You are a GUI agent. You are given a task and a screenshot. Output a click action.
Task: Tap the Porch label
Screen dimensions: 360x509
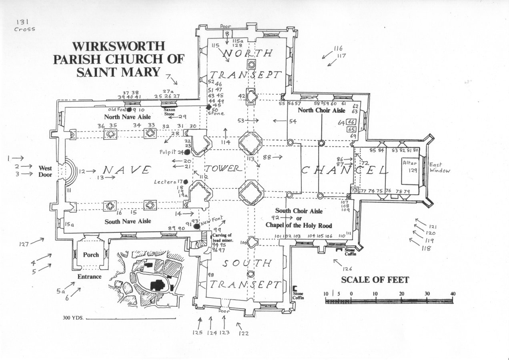click(x=91, y=255)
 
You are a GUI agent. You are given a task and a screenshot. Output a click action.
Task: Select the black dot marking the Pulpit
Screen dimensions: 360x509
click(x=186, y=152)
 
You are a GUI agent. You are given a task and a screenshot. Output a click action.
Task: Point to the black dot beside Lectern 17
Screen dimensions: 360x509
click(x=185, y=182)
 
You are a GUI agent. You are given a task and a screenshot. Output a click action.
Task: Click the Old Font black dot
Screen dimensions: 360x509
click(x=129, y=110)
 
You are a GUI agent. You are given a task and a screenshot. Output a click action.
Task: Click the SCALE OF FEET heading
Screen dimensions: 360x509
click(x=375, y=280)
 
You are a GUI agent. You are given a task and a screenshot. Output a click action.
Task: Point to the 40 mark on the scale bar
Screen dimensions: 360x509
click(x=453, y=294)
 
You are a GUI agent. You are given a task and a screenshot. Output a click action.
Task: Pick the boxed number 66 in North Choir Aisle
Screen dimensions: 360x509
click(x=351, y=122)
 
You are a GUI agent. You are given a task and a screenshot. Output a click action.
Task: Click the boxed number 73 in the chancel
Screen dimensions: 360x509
click(x=354, y=190)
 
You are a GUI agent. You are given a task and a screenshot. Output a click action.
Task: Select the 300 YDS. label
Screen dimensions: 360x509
click(x=73, y=319)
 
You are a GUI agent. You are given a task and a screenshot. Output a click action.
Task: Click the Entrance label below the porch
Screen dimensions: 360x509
click(x=89, y=277)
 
